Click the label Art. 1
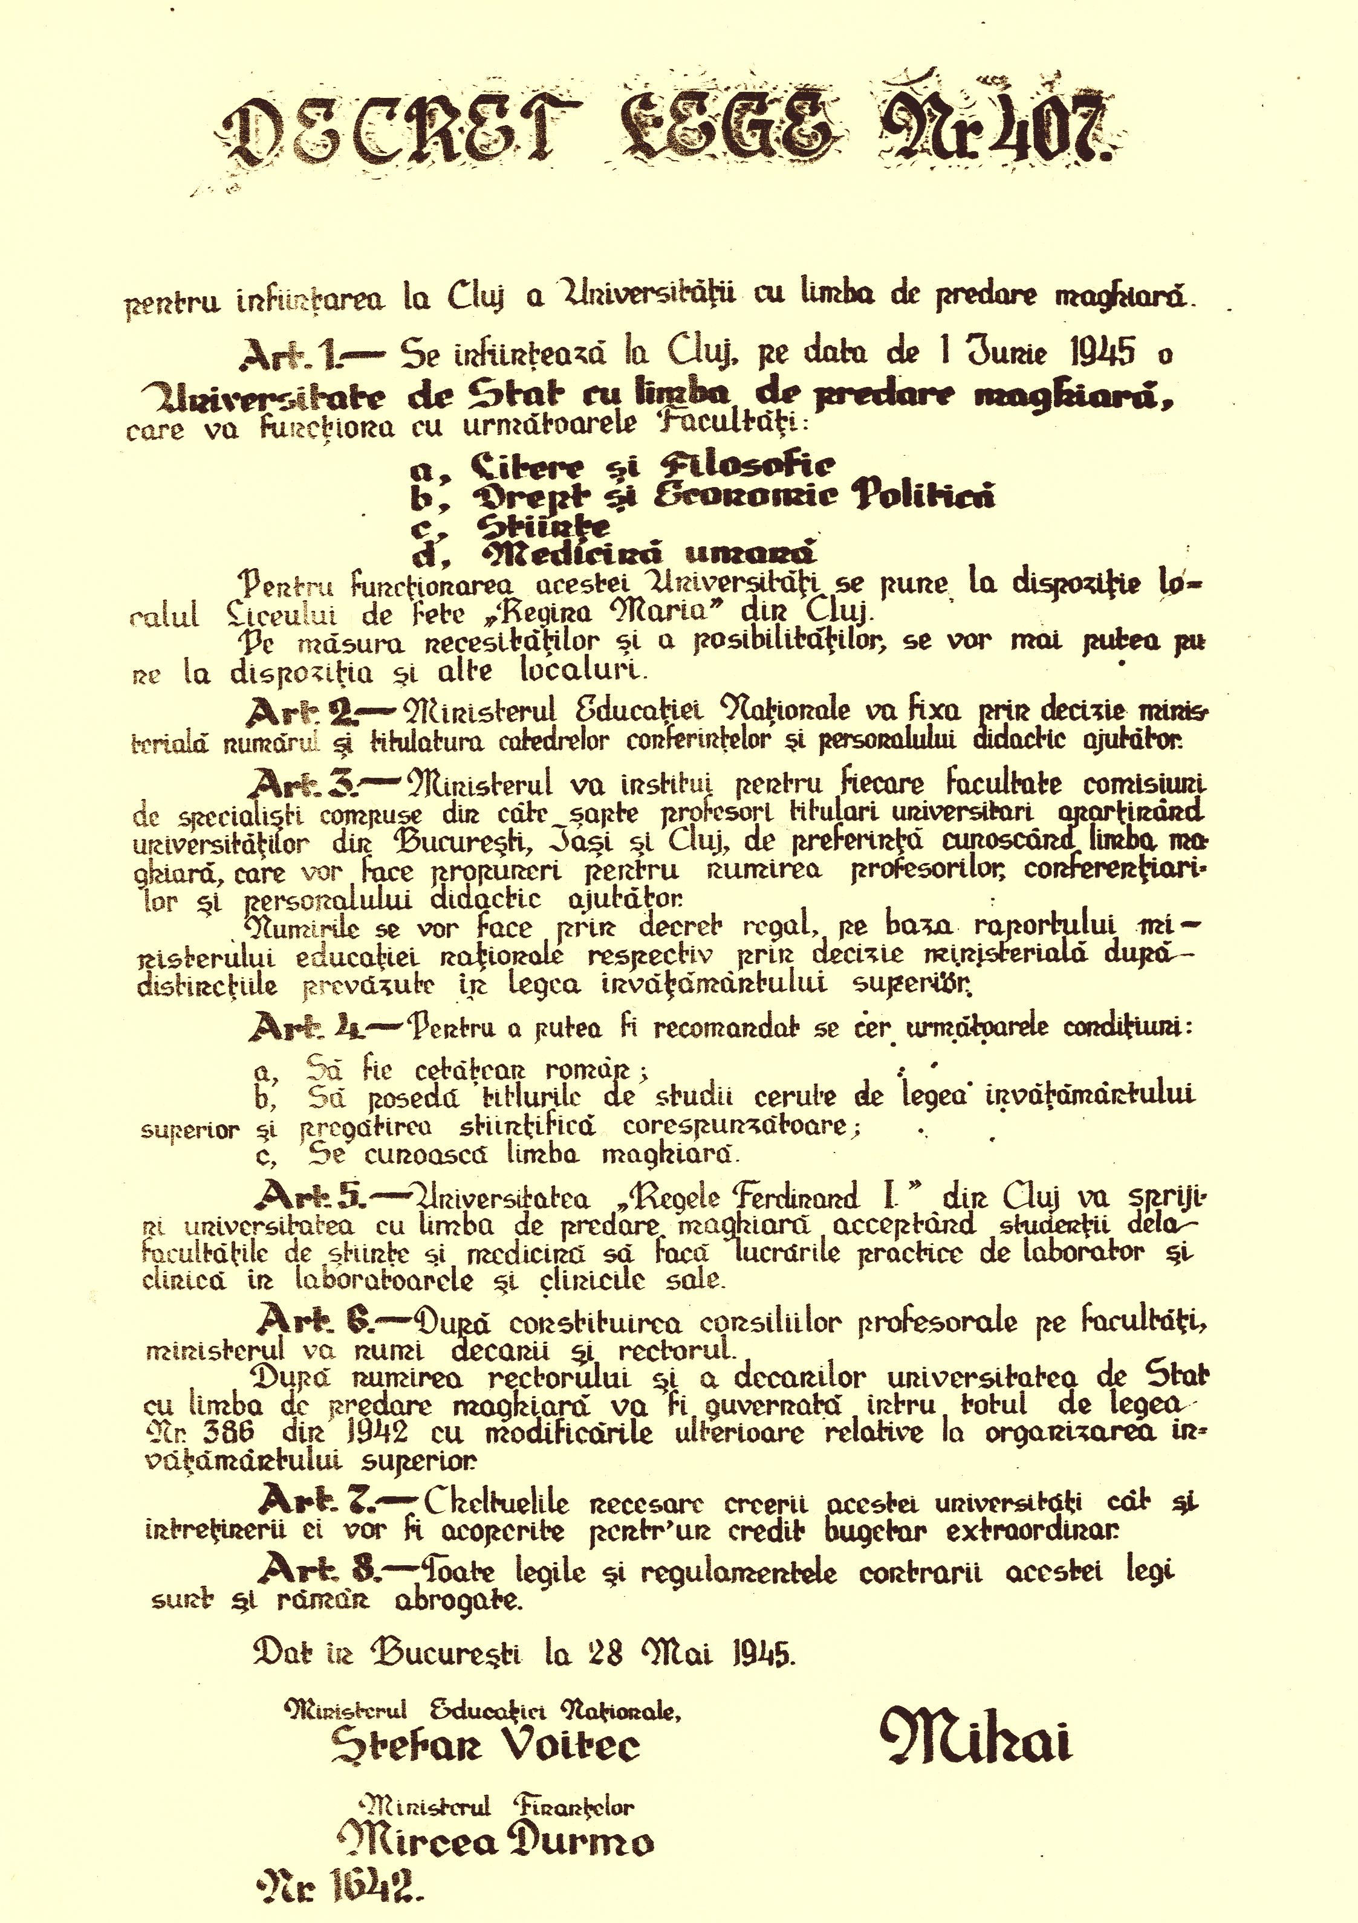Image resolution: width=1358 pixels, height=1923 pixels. (x=287, y=358)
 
